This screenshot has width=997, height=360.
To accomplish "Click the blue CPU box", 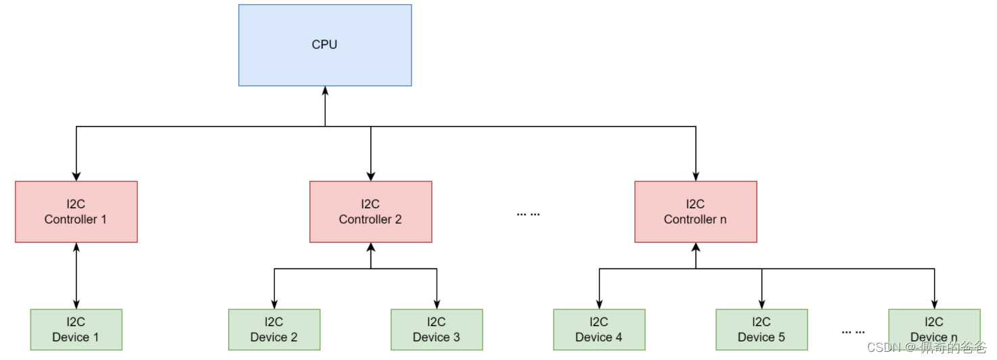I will click(x=325, y=45).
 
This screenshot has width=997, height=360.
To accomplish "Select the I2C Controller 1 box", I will click(x=76, y=212).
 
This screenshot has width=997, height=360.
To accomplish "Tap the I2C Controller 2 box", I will click(x=370, y=212).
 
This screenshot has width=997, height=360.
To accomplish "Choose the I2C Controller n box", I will click(x=695, y=212).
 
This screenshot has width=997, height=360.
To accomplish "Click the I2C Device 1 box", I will click(x=76, y=330).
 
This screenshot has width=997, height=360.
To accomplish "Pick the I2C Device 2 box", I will click(x=273, y=330).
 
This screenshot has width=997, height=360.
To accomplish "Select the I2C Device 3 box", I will click(x=437, y=330).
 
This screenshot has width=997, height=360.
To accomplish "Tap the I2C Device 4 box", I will click(x=598, y=330).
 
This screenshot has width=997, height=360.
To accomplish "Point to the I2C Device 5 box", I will click(x=761, y=330).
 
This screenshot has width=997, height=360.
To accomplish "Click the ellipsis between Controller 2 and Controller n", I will click(x=528, y=214).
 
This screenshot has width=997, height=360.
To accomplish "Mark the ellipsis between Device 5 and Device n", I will click(x=853, y=332).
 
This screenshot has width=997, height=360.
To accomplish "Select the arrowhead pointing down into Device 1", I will click(x=76, y=305).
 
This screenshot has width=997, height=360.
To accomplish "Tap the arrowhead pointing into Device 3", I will click(x=437, y=305).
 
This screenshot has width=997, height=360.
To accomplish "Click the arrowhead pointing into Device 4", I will click(x=598, y=305).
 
